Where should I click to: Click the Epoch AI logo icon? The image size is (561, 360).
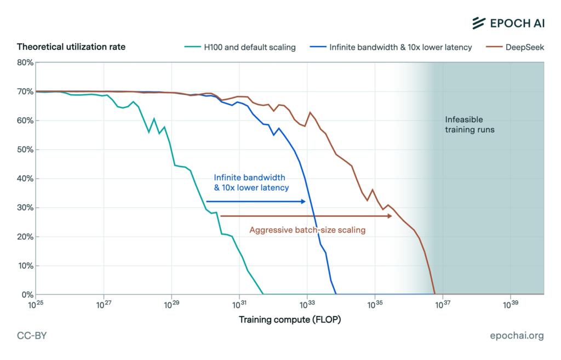click(479, 22)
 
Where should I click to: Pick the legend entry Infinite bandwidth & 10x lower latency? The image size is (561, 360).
click(400, 47)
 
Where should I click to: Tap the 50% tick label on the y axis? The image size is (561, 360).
click(26, 150)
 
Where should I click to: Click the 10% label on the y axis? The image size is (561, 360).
click(26, 266)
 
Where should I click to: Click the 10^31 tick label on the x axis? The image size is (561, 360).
click(239, 303)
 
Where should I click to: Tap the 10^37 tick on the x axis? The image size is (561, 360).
click(443, 303)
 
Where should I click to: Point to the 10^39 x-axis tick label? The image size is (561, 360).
click(511, 303)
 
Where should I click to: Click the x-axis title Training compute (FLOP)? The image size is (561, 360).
click(290, 319)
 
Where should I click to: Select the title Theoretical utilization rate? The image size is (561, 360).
click(71, 47)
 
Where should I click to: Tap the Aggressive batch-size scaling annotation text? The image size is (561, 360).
click(307, 230)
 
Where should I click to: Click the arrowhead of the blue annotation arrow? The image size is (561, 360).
click(302, 202)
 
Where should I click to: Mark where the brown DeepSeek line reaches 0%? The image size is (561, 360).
click(435, 294)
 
